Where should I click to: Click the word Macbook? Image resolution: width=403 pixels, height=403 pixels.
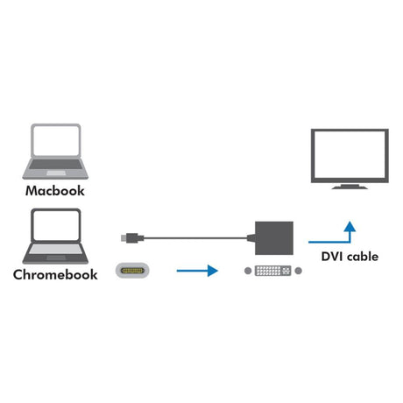tap(56, 190)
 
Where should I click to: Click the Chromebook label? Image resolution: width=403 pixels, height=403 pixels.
tap(56, 274)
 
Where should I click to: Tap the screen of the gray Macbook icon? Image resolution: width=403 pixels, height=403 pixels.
tap(55, 140)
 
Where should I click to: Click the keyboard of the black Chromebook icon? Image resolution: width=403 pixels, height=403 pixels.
tap(55, 249)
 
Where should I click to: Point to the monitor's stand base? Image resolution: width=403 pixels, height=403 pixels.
tap(350, 187)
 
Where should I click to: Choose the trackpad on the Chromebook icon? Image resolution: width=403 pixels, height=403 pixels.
tap(55, 258)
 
